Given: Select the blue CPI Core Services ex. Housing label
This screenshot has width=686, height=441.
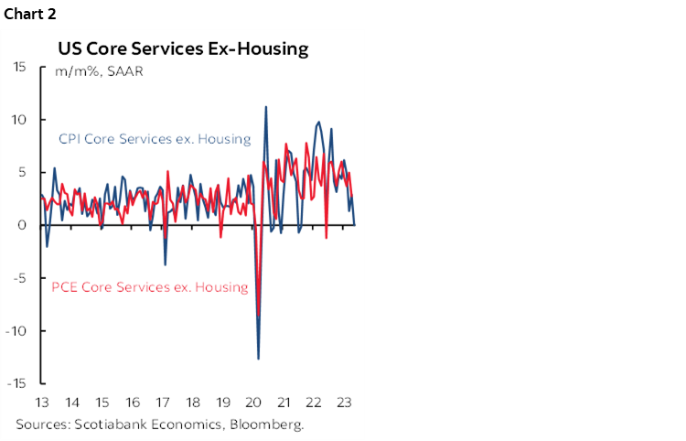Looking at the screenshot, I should [x=155, y=139].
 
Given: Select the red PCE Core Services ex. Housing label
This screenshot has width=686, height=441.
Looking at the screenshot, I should [x=149, y=287].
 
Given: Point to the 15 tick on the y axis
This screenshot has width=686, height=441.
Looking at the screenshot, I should [x=20, y=67].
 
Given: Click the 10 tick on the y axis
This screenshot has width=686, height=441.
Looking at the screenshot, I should [x=20, y=120].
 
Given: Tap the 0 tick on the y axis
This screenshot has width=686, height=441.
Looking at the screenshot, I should [x=24, y=225].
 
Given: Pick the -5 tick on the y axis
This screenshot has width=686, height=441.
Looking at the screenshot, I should [x=20, y=278].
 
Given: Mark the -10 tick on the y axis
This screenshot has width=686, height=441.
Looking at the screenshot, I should [x=17, y=330].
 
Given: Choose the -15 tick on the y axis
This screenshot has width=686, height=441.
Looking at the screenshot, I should [x=17, y=383].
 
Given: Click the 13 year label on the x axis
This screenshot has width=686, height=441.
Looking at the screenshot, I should [x=42, y=403].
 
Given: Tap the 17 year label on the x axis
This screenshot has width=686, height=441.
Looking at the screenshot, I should [x=163, y=403].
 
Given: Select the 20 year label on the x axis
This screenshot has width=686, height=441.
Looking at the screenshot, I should [x=254, y=403].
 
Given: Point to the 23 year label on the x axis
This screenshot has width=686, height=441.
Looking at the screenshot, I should [x=345, y=403].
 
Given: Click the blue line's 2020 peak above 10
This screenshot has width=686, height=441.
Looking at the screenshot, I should [x=266, y=107].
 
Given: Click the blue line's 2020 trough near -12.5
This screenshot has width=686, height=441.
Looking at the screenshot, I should [x=259, y=359].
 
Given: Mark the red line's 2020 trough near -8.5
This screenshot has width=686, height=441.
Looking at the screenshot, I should [x=259, y=317].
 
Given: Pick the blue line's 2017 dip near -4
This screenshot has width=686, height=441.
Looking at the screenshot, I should [x=166, y=265].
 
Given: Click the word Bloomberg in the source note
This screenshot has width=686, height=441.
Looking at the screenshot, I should [x=265, y=425].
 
